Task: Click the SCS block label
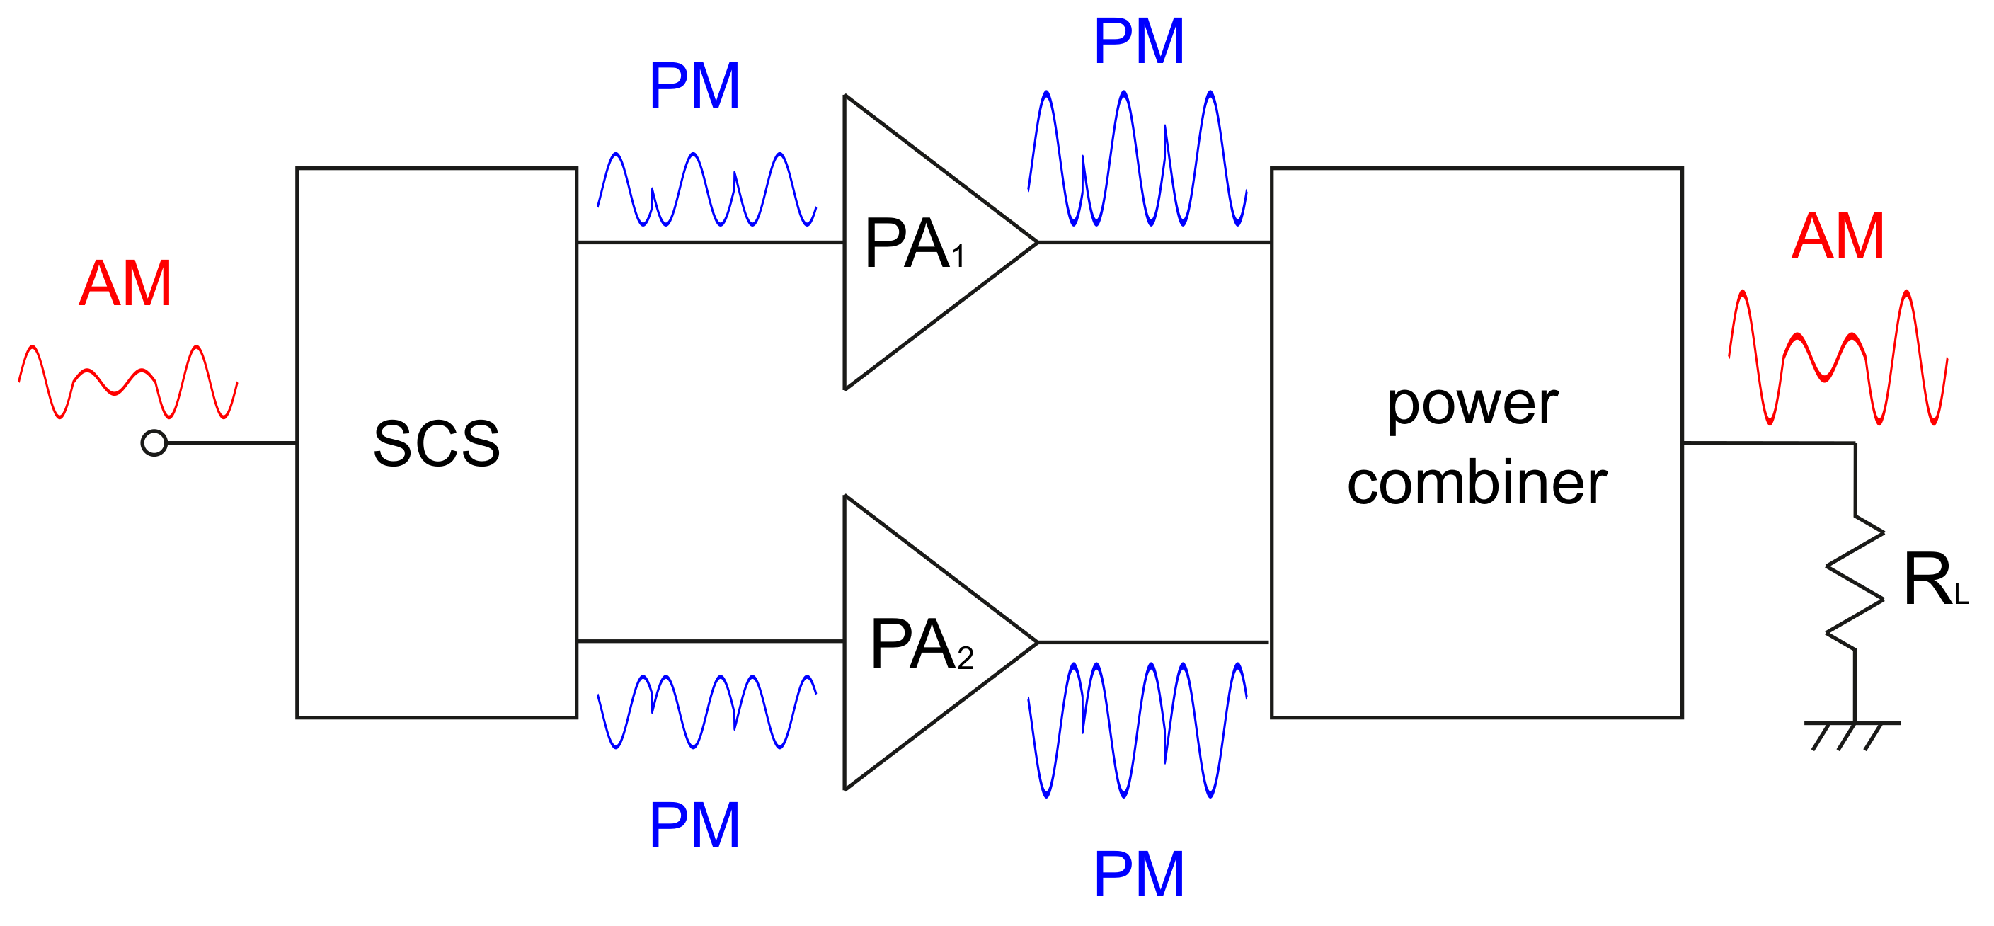(437, 444)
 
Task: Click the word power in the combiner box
(1472, 405)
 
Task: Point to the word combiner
(1477, 484)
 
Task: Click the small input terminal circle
(154, 443)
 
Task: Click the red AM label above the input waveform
(125, 284)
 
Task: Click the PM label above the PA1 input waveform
(694, 86)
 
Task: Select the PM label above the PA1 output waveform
(1139, 41)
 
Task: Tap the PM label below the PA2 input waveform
(694, 826)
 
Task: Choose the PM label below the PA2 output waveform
(1139, 875)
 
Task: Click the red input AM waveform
(127, 382)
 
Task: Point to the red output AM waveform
(1838, 358)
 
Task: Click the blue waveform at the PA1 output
(1136, 159)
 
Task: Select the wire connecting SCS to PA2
(710, 642)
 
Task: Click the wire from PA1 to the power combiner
(1153, 243)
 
